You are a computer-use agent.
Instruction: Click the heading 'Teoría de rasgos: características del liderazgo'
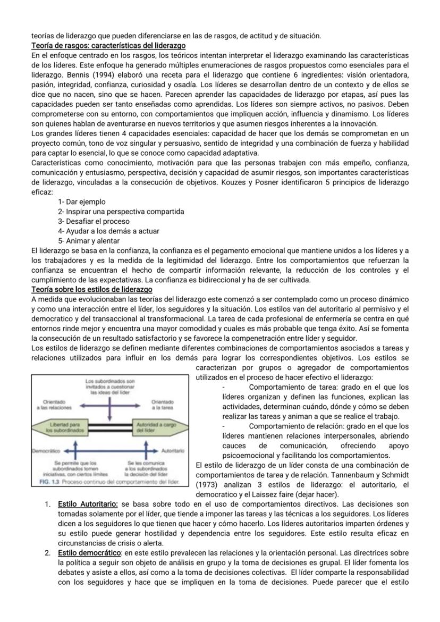[108, 46]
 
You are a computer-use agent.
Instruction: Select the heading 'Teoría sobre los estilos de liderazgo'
[92, 289]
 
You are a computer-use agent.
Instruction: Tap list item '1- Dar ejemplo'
[82, 202]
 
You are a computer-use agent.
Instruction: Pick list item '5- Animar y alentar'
[89, 240]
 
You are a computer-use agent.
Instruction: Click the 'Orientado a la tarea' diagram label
[162, 405]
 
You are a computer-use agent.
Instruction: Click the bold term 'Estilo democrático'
[89, 553]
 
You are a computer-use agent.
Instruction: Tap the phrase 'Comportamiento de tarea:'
[293, 388]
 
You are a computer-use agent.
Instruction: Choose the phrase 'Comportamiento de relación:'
[297, 426]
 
